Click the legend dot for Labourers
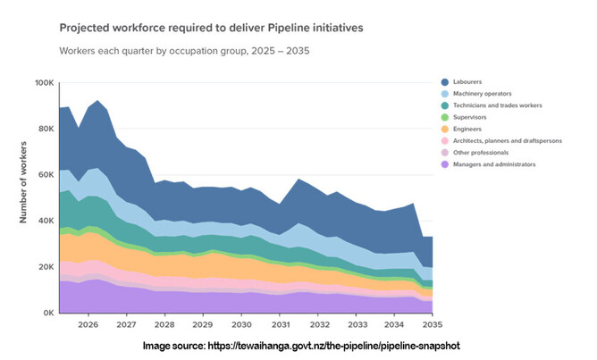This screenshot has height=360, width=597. pos(446,82)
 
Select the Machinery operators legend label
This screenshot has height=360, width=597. pos(483,94)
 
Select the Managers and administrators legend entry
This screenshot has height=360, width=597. pos(494,163)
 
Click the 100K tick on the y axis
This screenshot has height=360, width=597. pos(45,83)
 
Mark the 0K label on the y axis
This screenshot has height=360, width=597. pos(48,314)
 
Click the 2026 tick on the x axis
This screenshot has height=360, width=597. pos(88,326)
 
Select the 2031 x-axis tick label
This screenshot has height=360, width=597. pos(282,326)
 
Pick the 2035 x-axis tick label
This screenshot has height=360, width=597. pos(435,326)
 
